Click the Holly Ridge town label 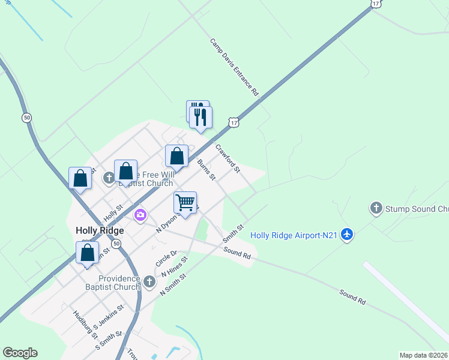pos(100,230)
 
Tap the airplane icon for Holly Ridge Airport pos(346,235)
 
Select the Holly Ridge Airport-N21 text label pos(294,235)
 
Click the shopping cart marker pos(185,202)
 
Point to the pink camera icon pos(140,215)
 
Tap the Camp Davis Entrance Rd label pos(234,67)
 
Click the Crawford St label pos(228,158)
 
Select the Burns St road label pos(206,169)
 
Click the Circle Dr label pos(166,259)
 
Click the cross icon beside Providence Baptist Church pos(150,280)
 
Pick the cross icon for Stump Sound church pos(376,208)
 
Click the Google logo pos(20,353)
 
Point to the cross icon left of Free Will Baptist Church pos(109,178)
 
